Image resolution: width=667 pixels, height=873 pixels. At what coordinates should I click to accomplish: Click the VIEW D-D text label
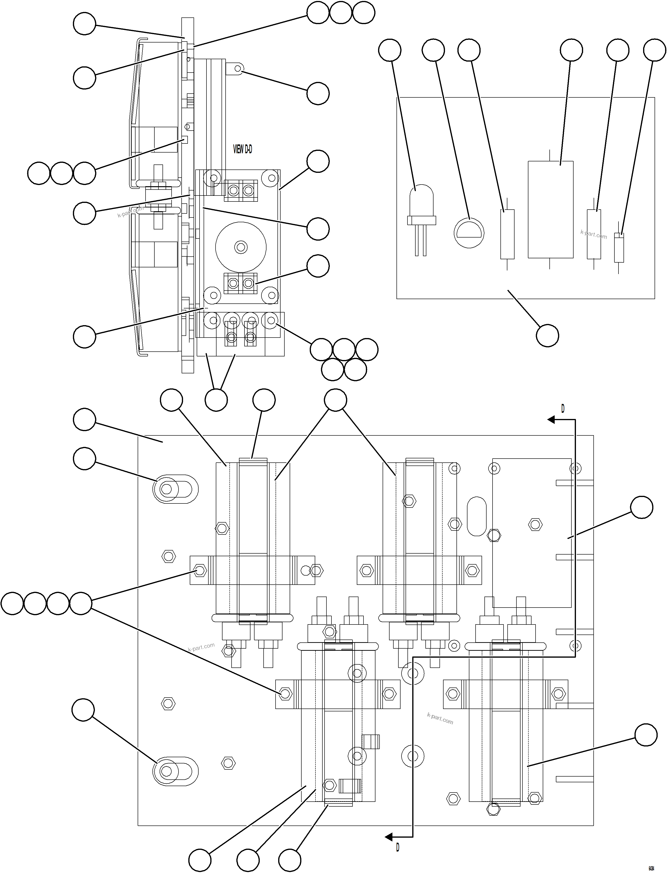click(x=242, y=149)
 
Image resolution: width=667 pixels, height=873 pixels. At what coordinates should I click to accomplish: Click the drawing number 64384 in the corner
click(x=651, y=867)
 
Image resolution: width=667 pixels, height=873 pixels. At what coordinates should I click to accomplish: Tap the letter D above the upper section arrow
click(x=563, y=408)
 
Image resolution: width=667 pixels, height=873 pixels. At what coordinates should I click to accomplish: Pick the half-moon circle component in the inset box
click(x=469, y=233)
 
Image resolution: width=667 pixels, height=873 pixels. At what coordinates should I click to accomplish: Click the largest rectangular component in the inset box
click(x=550, y=209)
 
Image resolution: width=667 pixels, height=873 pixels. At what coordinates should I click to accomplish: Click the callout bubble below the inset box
click(x=547, y=335)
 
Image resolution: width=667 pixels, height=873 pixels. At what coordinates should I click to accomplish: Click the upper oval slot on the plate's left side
click(x=175, y=489)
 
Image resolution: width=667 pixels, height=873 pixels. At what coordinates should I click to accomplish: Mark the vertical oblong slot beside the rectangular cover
click(x=477, y=516)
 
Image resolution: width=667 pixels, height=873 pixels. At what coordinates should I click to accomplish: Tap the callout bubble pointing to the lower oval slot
click(x=83, y=710)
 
